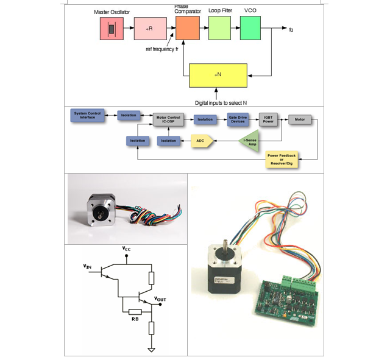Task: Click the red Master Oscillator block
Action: (112, 29)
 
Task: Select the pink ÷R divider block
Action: (149, 29)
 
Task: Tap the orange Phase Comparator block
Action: (188, 29)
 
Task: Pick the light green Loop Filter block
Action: (219, 29)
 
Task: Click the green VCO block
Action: (250, 29)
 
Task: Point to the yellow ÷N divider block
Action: (218, 75)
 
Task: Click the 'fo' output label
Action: (291, 29)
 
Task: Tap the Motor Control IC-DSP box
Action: (168, 119)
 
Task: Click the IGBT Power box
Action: (268, 119)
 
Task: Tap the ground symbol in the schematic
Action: (151, 350)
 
